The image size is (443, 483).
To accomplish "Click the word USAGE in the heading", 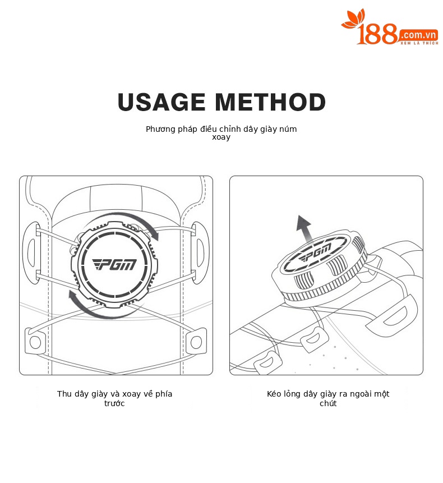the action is (x=161, y=102).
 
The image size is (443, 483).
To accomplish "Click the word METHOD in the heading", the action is (x=270, y=102).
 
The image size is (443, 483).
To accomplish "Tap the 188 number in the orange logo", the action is (x=377, y=34).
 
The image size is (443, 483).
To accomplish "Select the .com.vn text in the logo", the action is (x=419, y=35).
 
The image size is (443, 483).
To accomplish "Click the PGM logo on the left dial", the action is (x=114, y=264).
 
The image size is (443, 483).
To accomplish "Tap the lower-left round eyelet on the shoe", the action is (x=35, y=342).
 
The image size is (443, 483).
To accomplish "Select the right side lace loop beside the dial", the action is (x=200, y=252).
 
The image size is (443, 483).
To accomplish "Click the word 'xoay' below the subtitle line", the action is (x=221, y=137).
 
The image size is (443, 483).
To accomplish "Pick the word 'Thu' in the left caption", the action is (x=64, y=394).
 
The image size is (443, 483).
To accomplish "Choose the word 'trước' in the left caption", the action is (x=114, y=403).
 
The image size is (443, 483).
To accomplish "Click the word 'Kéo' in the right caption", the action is (x=274, y=394).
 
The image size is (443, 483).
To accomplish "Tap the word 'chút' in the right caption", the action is (x=328, y=403).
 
